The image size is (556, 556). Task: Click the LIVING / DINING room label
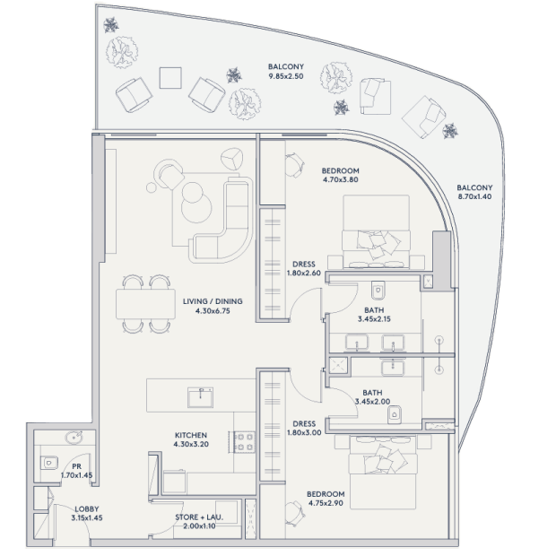[213, 301]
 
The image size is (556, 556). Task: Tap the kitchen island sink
[200, 397]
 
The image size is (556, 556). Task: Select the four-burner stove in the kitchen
[242, 442]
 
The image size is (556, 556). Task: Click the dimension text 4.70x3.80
[341, 179]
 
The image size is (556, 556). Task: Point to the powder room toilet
[49, 463]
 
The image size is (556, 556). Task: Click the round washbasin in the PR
[74, 438]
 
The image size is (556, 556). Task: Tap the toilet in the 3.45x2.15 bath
[378, 291]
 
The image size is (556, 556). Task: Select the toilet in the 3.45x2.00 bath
[395, 414]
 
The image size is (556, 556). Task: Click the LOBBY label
[87, 509]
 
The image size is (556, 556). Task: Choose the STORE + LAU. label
[199, 517]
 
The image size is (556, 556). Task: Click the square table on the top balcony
[170, 78]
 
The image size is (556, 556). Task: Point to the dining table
[145, 304]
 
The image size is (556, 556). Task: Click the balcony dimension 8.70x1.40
[474, 196]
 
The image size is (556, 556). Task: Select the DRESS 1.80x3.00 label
[304, 428]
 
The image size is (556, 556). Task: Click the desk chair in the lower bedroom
[295, 514]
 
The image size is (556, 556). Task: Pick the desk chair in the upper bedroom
[295, 165]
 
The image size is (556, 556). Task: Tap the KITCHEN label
[191, 435]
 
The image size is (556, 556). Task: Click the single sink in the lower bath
[393, 368]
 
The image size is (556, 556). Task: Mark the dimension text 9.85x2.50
[286, 76]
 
